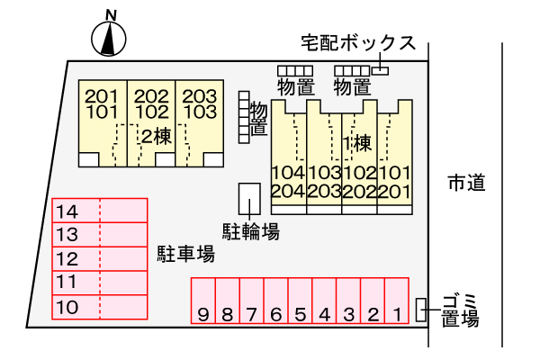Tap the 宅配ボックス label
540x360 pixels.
358,43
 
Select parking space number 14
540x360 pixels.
100,211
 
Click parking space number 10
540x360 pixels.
100,307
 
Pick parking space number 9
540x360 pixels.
203,301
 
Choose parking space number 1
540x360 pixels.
397,301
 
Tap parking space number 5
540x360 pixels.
300,301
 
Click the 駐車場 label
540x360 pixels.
186,254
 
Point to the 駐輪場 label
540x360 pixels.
251,230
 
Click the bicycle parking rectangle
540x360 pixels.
249,199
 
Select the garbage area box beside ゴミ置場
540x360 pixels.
420,310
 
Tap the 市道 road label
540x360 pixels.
466,183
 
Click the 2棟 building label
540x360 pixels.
157,137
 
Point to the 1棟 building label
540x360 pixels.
358,143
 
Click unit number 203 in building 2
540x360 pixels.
200,96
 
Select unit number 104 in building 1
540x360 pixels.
288,173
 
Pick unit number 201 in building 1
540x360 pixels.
395,192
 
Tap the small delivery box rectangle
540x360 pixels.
380,70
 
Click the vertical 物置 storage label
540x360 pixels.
258,118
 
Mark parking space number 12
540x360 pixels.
100,258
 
